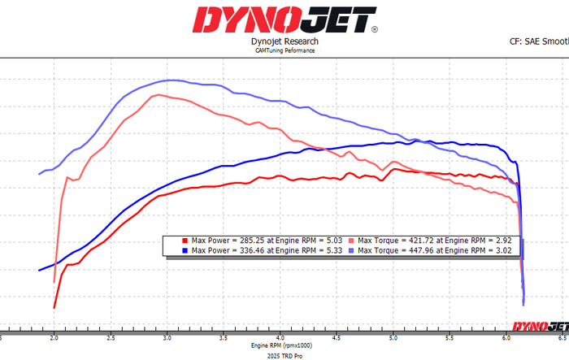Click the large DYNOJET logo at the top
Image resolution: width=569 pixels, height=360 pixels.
284,19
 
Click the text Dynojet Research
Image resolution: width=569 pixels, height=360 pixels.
284,41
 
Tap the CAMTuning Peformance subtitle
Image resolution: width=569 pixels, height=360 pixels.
284,50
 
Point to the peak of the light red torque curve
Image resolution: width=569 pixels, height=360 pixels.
157,94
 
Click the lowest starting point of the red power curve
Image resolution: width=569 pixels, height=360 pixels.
54,308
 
